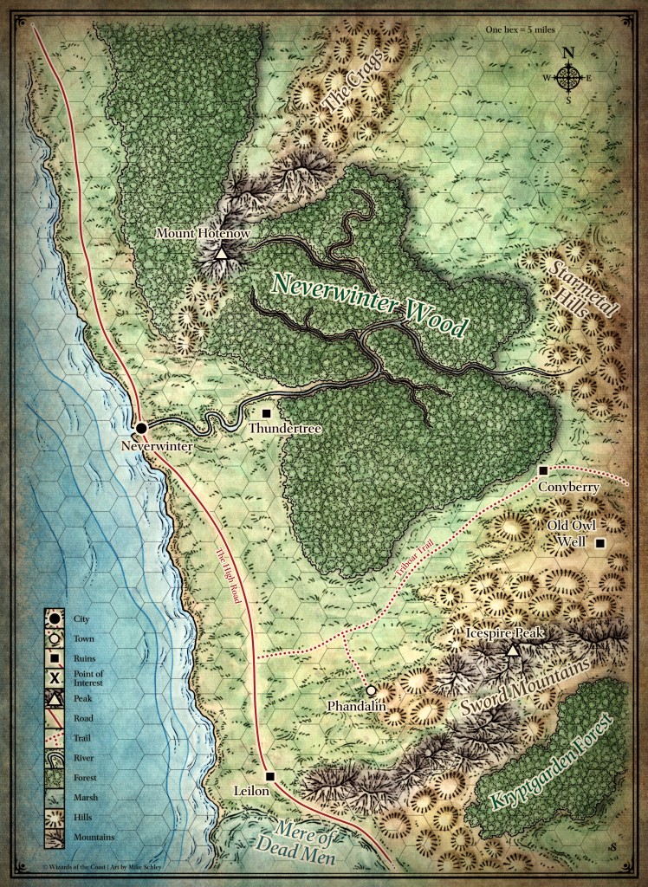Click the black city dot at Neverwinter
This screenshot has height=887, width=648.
coord(141,427)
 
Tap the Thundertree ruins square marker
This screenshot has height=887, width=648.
coord(267,413)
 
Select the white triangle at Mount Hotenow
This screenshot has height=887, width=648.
coord(221,254)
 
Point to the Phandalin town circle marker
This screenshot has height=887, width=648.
coord(371,691)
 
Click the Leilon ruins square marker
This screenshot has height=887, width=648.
coord(270,776)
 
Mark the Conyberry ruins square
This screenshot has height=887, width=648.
coord(543,470)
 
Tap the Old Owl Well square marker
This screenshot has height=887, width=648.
coord(599,543)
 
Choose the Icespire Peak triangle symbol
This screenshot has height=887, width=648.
coord(513,650)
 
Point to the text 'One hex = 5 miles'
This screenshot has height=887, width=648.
coord(522,29)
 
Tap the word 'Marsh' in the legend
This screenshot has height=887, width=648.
coord(83,796)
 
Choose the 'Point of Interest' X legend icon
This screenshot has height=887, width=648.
coord(54,677)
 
